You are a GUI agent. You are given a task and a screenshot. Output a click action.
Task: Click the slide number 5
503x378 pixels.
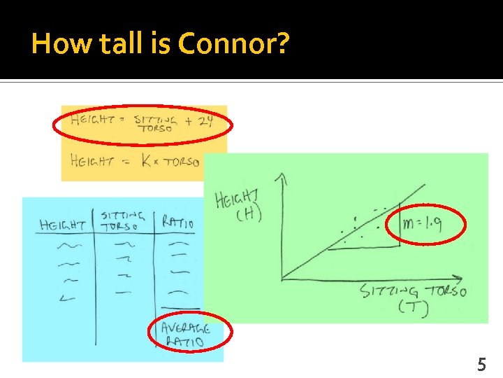click(x=481, y=364)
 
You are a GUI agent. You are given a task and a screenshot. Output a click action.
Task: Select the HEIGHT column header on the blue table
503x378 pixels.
click(x=62, y=225)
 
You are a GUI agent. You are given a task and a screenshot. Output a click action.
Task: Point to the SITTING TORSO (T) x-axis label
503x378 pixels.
click(x=413, y=299)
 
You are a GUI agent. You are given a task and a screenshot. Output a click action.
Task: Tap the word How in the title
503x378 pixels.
click(x=57, y=45)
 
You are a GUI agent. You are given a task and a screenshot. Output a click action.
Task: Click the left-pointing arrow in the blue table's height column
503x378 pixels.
click(x=68, y=299)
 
